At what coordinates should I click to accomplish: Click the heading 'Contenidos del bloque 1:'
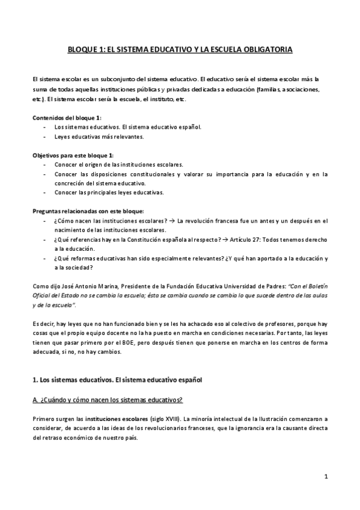click(67, 117)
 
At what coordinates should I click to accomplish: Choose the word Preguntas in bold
click(47, 211)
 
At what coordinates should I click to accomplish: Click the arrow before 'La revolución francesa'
click(172, 221)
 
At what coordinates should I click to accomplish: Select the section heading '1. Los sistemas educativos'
click(117, 380)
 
